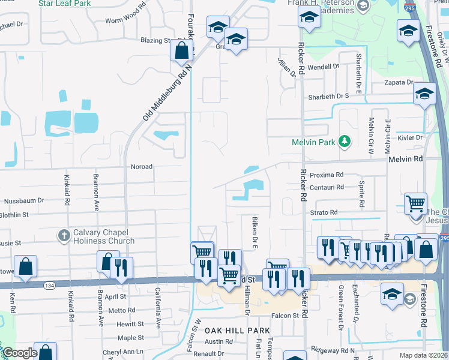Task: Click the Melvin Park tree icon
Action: [x=345, y=142]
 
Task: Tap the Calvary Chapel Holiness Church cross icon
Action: [x=64, y=235]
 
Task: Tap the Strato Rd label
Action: [x=324, y=212]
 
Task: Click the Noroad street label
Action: [x=142, y=166]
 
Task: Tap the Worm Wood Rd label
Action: [x=125, y=19]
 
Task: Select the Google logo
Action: [x=20, y=353]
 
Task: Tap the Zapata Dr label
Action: [x=402, y=82]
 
